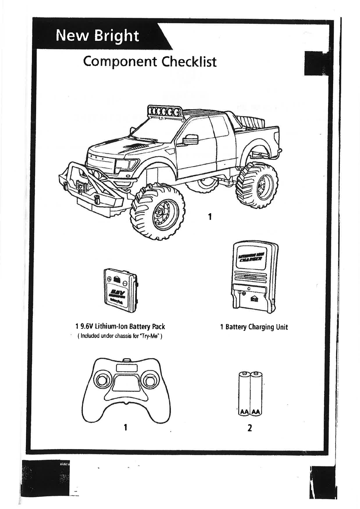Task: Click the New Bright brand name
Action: click(97, 36)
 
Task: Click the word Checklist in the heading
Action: click(189, 62)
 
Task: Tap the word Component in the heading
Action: click(120, 62)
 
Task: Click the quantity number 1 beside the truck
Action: click(209, 217)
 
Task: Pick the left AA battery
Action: click(244, 393)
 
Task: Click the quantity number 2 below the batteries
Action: click(250, 428)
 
